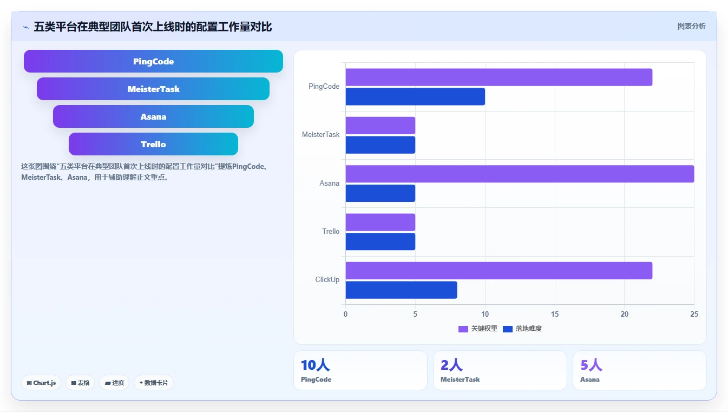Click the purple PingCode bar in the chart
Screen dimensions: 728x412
coord(499,77)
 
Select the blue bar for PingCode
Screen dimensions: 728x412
coord(415,96)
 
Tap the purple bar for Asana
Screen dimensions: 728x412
coord(520,174)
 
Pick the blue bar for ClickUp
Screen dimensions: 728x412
coord(401,290)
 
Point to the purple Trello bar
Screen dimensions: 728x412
coord(381,222)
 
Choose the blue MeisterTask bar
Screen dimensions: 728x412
coord(381,145)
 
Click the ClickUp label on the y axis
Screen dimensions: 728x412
coord(327,280)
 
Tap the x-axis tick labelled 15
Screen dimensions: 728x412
coord(554,314)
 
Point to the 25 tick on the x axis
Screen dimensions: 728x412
coord(694,314)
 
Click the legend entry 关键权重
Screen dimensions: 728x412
coord(478,329)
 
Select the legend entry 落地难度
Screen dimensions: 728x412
coord(522,329)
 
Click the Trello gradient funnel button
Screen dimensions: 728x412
coord(153,144)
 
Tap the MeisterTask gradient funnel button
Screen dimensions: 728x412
coord(153,89)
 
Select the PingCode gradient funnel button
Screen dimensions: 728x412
coord(153,61)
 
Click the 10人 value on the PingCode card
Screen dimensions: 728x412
coord(315,365)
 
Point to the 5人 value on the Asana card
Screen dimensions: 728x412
coord(591,365)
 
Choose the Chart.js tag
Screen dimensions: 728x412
coord(41,383)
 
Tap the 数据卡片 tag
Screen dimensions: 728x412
coord(154,383)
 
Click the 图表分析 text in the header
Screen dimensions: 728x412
coord(691,27)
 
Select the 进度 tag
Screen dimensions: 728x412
coord(114,383)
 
